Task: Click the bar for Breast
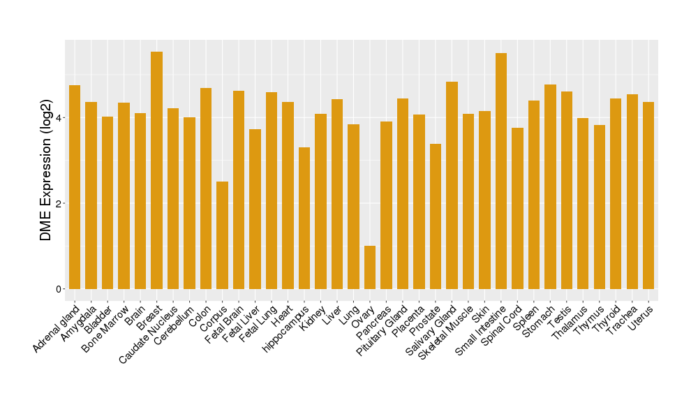(157, 170)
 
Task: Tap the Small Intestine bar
(501, 171)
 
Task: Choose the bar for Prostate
(436, 216)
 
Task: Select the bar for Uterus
(648, 196)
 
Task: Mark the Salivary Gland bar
(452, 185)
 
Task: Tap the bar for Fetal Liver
(255, 209)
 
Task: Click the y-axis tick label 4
(60, 117)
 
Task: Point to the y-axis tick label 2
(60, 203)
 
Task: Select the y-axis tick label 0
(60, 289)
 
